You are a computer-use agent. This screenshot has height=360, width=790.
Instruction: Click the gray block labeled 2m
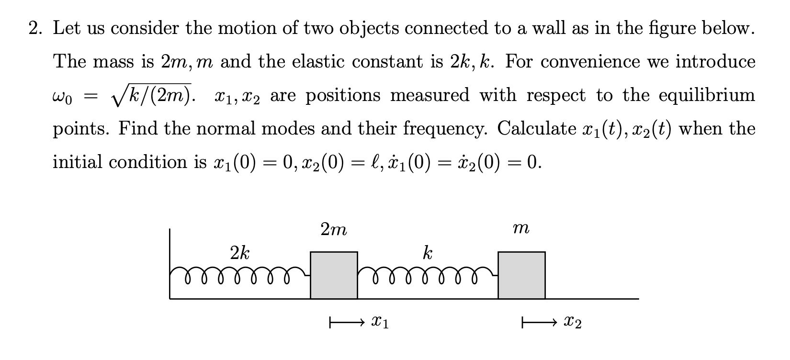click(334, 275)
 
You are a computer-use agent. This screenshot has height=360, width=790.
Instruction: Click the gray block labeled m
click(521, 275)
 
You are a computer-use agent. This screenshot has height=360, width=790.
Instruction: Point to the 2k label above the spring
click(239, 252)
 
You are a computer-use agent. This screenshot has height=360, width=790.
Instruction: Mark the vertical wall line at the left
click(170, 263)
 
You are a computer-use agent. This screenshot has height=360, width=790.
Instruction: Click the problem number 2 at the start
click(34, 29)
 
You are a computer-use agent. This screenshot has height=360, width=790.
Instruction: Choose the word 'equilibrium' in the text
click(707, 95)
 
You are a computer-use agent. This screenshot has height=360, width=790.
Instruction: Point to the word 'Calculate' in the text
click(536, 128)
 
